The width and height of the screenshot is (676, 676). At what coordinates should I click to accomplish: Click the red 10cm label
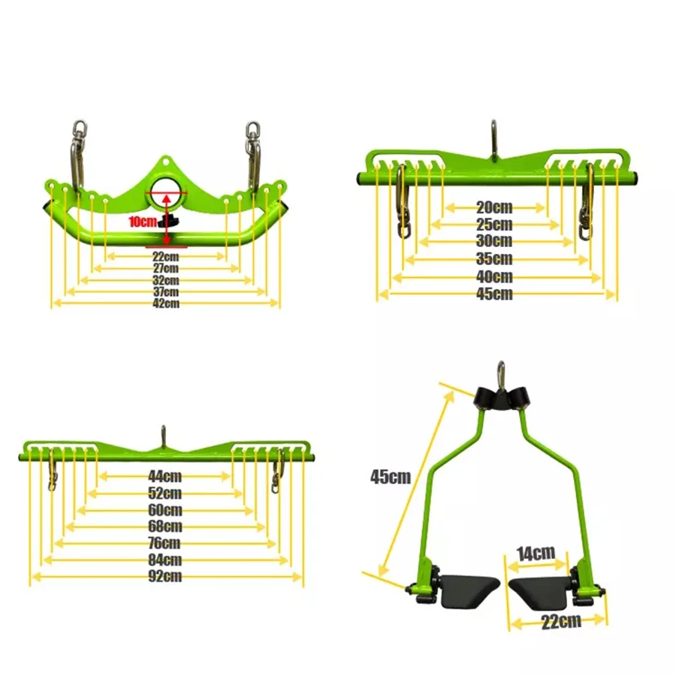pyautogui.click(x=142, y=222)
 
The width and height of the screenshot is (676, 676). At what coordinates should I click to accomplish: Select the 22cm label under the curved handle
pyautogui.click(x=165, y=256)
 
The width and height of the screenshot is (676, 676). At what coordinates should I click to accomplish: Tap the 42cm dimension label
pyautogui.click(x=165, y=303)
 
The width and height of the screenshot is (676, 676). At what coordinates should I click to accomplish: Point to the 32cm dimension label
pyautogui.click(x=165, y=279)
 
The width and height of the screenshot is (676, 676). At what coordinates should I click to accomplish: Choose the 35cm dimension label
pyautogui.click(x=494, y=259)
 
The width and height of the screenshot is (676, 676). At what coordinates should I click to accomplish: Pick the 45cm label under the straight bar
pyautogui.click(x=494, y=294)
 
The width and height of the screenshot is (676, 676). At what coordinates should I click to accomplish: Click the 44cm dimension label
pyautogui.click(x=165, y=475)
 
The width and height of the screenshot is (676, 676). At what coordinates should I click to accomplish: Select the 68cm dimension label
pyautogui.click(x=165, y=527)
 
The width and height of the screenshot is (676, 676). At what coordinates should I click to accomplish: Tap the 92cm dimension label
pyautogui.click(x=165, y=577)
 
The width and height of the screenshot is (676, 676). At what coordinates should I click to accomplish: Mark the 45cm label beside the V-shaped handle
pyautogui.click(x=390, y=476)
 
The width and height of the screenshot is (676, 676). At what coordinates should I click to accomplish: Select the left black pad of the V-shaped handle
pyautogui.click(x=466, y=591)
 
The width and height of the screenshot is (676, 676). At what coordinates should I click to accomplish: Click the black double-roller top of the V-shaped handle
pyautogui.click(x=499, y=397)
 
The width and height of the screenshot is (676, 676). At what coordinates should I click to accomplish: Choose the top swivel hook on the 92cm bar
pyautogui.click(x=163, y=436)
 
